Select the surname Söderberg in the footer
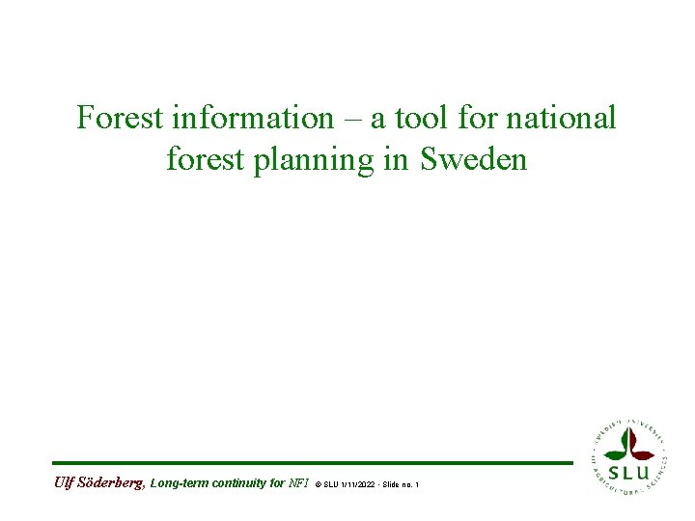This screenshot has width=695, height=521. pos(111,482)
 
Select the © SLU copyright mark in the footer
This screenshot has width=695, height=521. pos(326,483)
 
